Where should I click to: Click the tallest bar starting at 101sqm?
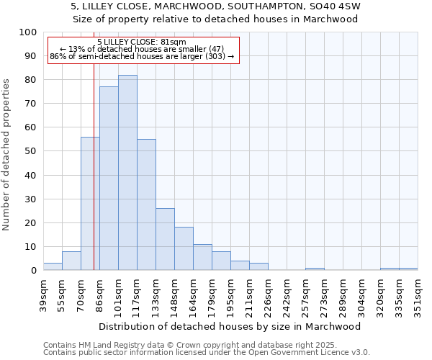click(127, 173)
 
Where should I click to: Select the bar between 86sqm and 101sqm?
click(109, 179)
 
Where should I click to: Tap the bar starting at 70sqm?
click(90, 204)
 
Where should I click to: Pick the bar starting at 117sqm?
click(146, 204)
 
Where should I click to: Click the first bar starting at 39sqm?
click(53, 266)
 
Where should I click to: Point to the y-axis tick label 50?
click(30, 151)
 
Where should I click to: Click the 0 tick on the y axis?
click(33, 271)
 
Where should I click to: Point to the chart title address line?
click(216, 6)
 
